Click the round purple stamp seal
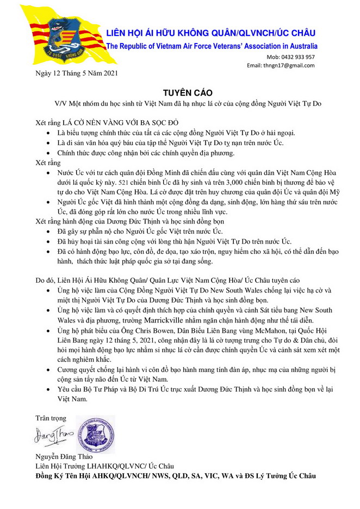[95, 434]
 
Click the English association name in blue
[212, 46]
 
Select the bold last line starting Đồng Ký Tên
[175, 476]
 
